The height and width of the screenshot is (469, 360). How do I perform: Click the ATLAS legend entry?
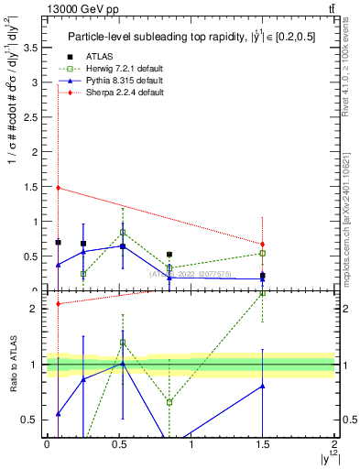pyautogui.click(x=88, y=57)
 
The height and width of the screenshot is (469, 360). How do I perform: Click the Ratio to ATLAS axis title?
pyautogui.click(x=12, y=365)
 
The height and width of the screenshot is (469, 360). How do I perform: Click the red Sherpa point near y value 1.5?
pyautogui.click(x=58, y=188)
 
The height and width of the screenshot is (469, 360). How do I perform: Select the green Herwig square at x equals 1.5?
pyautogui.click(x=262, y=253)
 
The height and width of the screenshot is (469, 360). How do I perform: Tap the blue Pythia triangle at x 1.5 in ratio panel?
pyautogui.click(x=262, y=386)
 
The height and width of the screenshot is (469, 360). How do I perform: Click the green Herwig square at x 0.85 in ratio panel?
pyautogui.click(x=169, y=402)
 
